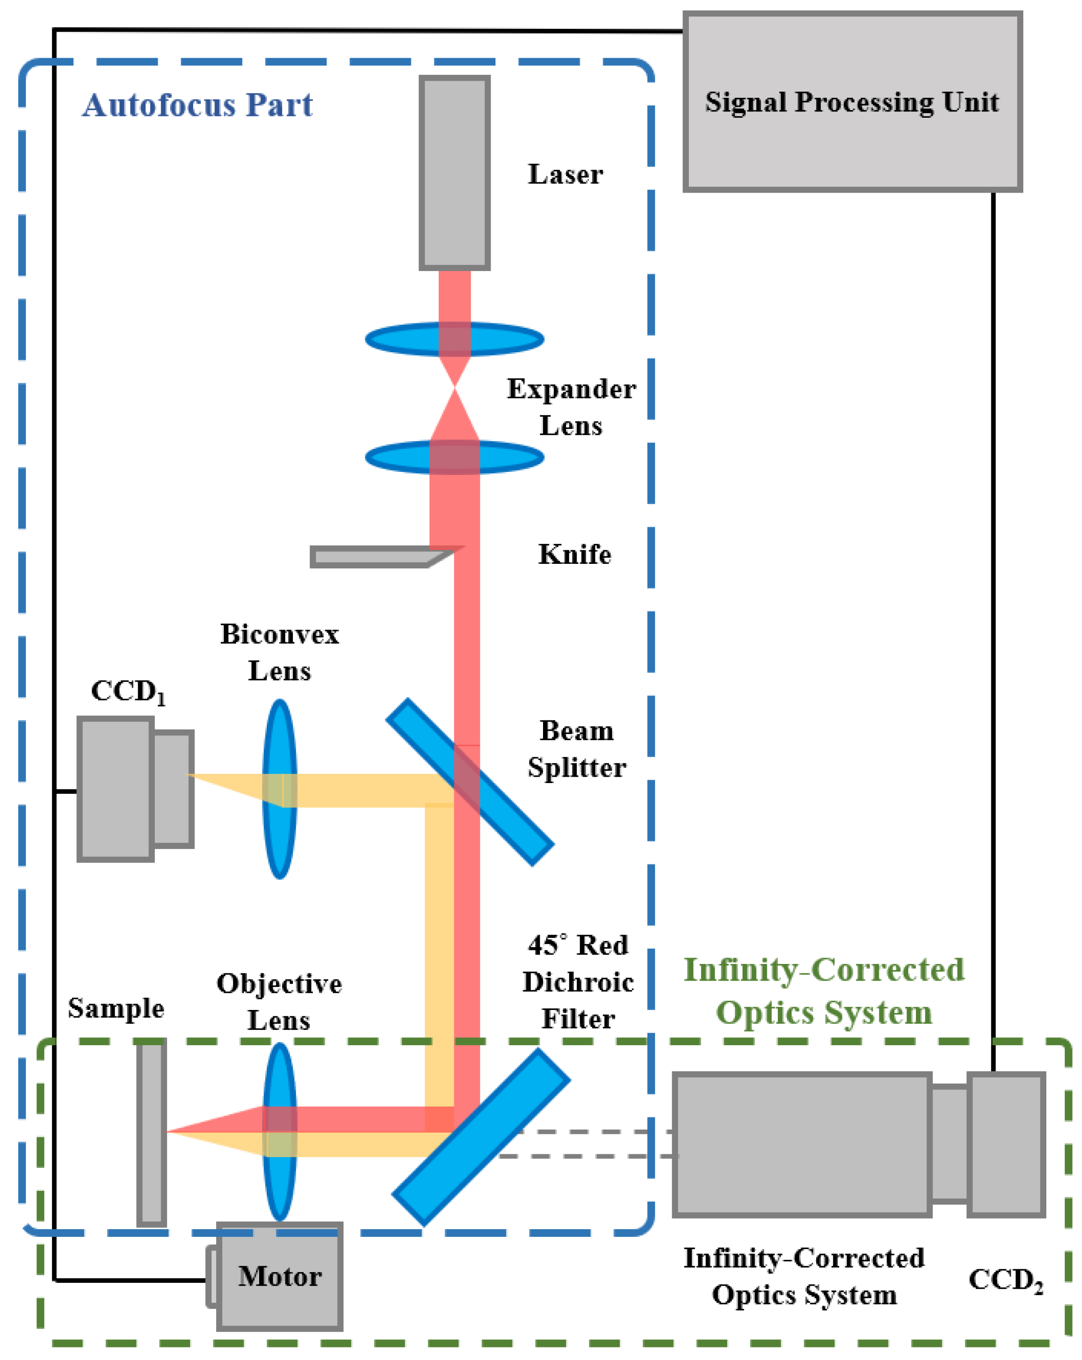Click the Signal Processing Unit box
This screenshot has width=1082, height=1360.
[x=852, y=101]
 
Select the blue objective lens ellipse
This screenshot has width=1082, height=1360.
[x=279, y=1186]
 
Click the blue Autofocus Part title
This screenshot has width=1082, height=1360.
[x=197, y=105]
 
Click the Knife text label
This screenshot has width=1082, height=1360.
[x=575, y=554]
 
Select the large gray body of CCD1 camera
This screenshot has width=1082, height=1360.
[x=115, y=788]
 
